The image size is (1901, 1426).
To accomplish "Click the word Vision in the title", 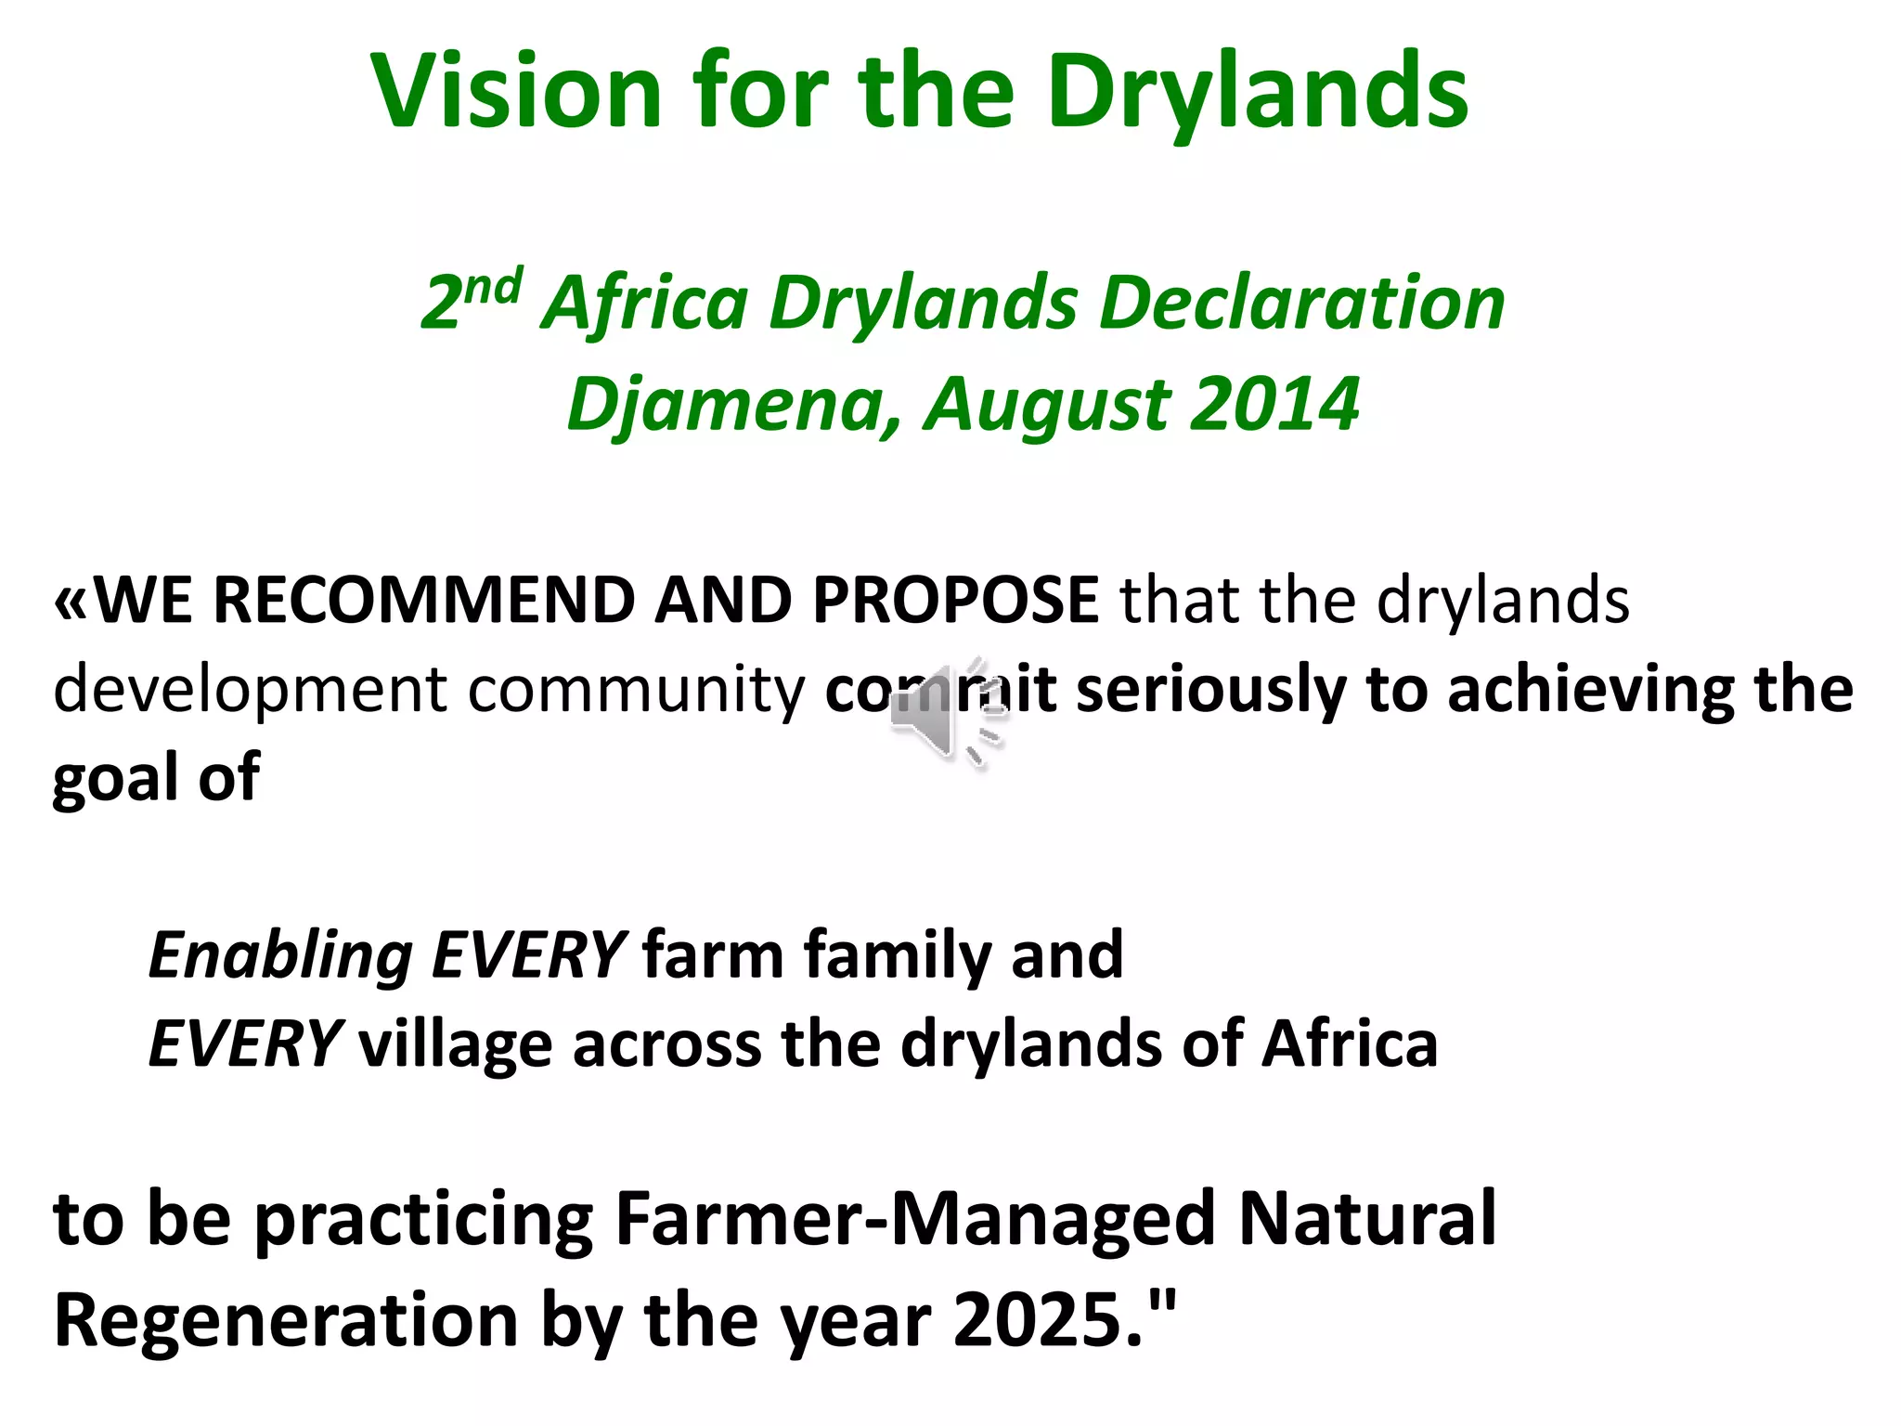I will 516,91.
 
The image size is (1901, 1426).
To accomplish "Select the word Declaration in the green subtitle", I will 1301,304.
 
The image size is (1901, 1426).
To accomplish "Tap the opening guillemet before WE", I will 72,602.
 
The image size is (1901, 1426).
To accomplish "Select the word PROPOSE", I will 955,600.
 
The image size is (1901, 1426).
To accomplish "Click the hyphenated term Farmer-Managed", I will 914,1219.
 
